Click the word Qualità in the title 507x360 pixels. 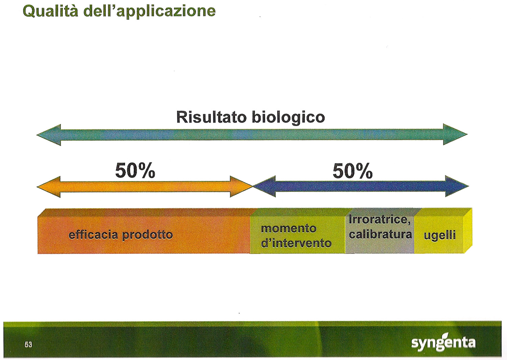(x=50, y=11)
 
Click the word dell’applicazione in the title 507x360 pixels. (x=149, y=12)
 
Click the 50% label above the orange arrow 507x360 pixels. (x=135, y=171)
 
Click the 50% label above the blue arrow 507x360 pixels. (x=353, y=171)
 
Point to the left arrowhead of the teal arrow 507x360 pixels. (x=49, y=135)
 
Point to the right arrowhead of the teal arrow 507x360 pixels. (x=455, y=134)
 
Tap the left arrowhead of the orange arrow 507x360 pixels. (x=49, y=187)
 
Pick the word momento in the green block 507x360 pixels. (x=289, y=229)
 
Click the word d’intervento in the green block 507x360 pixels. (x=296, y=243)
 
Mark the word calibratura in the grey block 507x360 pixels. (x=380, y=234)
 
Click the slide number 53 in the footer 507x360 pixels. (x=28, y=345)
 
